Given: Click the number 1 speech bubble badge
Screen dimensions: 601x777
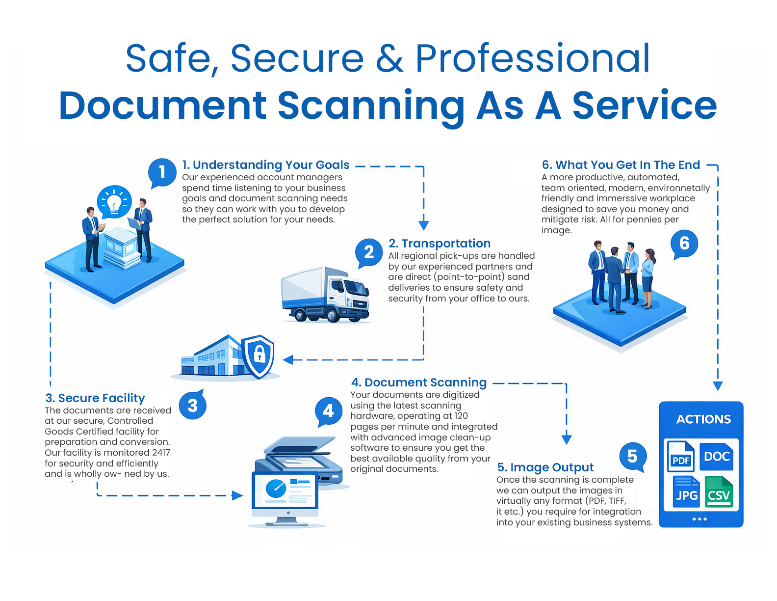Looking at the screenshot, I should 162,172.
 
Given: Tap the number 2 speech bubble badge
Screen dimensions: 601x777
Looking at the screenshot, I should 369,252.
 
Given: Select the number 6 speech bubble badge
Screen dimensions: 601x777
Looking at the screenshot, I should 684,243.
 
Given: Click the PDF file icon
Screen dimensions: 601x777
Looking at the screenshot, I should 681,456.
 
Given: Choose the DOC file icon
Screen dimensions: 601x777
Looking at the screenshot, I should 717,456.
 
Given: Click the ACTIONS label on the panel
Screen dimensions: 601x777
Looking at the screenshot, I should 703,419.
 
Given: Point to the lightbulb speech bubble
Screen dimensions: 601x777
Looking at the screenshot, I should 114,202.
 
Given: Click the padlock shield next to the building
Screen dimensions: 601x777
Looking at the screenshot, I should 259,355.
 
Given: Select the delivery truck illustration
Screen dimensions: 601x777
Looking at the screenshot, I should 325,295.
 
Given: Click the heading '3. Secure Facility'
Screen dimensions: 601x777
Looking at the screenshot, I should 95,398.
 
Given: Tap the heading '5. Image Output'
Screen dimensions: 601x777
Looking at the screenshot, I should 545,467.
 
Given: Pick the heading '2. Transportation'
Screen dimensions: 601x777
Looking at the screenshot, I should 440,244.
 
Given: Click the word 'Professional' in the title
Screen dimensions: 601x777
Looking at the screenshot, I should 533,58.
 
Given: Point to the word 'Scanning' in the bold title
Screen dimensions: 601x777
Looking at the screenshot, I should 371,106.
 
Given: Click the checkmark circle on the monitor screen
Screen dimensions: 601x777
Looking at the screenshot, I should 276,488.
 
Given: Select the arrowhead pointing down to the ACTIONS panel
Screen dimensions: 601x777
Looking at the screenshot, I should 718,386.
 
